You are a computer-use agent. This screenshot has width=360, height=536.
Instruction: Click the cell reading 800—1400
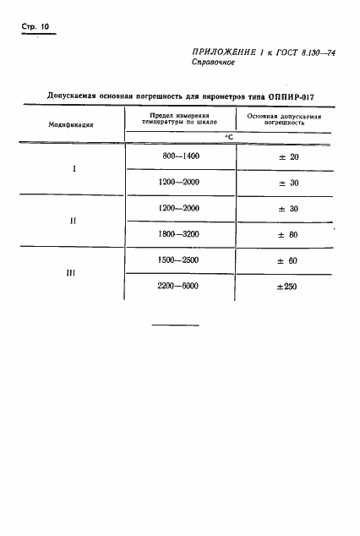pyautogui.click(x=180, y=156)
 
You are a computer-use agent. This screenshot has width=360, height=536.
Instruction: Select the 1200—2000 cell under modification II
pyautogui.click(x=180, y=208)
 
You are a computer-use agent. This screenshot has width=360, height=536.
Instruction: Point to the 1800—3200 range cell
pyautogui.click(x=180, y=234)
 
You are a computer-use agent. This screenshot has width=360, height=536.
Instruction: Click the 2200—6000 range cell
pyautogui.click(x=180, y=286)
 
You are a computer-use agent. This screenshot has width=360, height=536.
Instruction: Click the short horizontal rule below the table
pyautogui.click(x=175, y=325)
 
